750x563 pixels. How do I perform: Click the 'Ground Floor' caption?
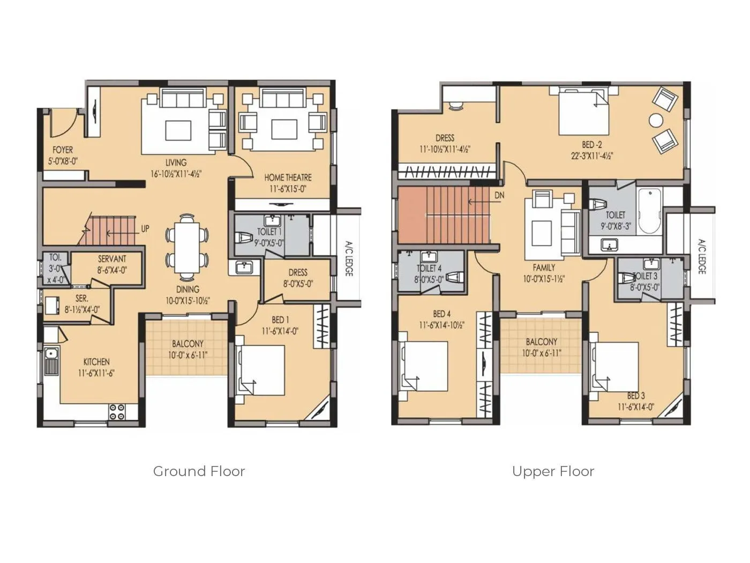point(199,471)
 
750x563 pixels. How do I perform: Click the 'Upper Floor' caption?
point(553,471)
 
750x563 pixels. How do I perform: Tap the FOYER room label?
point(63,150)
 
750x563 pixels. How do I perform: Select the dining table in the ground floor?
point(187,247)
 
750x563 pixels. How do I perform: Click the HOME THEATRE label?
point(288,177)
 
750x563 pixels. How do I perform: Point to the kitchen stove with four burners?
point(117,412)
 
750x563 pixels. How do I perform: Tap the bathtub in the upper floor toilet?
point(649,210)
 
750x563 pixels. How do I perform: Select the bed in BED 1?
point(261,370)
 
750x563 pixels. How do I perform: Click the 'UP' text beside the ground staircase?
point(145,228)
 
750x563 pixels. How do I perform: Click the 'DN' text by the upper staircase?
point(499,196)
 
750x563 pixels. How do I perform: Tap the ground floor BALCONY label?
point(187,344)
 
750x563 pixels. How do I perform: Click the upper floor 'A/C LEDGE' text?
point(701,257)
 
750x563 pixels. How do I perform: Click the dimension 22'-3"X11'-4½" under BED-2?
point(591,156)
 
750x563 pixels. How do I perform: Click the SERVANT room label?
point(112,259)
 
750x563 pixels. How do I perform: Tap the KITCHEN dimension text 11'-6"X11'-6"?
point(96,373)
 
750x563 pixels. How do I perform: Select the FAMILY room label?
point(544,268)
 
